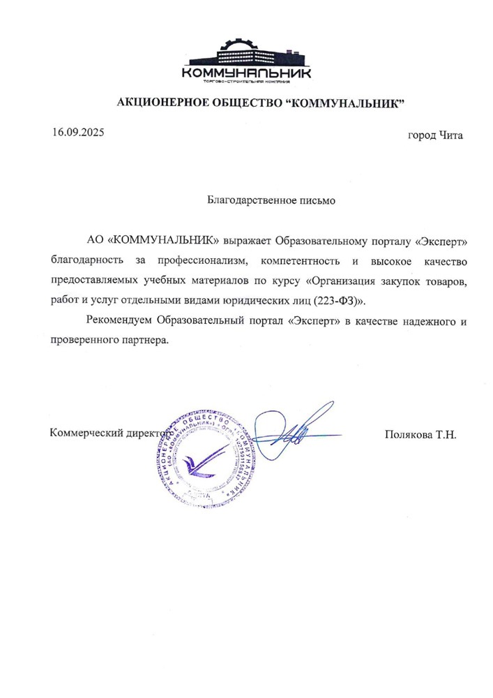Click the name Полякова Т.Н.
pyautogui.click(x=420, y=434)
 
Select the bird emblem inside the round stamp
pyautogui.click(x=202, y=460)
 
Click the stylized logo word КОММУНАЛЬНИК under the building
pyautogui.click(x=246, y=73)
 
